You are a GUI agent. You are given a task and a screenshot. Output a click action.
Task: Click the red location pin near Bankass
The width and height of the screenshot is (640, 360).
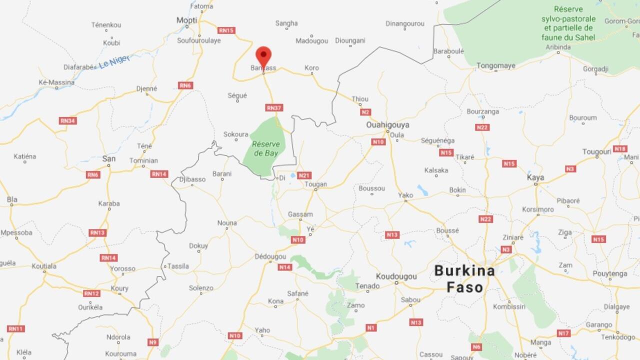(x=263, y=56)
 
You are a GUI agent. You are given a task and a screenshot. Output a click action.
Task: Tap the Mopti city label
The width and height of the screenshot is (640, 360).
(x=187, y=20)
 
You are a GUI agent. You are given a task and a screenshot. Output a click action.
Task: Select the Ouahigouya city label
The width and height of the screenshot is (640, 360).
(x=387, y=124)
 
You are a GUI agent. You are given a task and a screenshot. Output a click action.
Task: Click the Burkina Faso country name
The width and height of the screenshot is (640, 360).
(x=464, y=279)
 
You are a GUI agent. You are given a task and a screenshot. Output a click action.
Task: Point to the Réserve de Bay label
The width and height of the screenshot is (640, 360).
(x=265, y=148)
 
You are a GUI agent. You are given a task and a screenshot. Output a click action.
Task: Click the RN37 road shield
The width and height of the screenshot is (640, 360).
(x=274, y=107)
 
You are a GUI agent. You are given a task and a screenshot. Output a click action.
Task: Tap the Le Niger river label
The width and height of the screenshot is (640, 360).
(x=114, y=61)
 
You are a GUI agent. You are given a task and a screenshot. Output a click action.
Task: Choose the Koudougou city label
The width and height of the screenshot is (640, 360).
(x=396, y=275)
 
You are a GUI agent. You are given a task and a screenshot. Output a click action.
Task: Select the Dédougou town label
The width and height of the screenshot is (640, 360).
(x=270, y=256)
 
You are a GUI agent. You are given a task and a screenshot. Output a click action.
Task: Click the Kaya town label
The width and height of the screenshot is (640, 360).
(x=535, y=177)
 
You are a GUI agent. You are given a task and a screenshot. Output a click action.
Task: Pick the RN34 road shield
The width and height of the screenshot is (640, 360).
(x=67, y=120)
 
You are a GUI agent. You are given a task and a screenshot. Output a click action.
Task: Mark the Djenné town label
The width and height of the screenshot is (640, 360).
(x=146, y=88)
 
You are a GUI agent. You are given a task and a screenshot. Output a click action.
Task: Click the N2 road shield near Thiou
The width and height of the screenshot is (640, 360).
(x=365, y=112)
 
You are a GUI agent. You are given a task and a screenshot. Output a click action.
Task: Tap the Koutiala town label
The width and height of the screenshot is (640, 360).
(x=44, y=266)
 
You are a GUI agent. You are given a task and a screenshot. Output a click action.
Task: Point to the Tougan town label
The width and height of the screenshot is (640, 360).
(x=315, y=184)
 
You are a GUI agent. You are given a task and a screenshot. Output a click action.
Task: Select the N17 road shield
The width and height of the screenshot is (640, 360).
(x=563, y=333)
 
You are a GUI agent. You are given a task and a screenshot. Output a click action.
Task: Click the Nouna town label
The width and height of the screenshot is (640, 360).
(x=227, y=222)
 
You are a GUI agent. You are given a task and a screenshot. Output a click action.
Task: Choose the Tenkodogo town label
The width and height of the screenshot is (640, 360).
(x=618, y=337)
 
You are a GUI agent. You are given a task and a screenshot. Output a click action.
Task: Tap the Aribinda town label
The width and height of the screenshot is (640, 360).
(x=557, y=47)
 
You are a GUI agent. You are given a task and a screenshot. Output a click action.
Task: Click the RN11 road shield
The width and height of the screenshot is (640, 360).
(x=15, y=328)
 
